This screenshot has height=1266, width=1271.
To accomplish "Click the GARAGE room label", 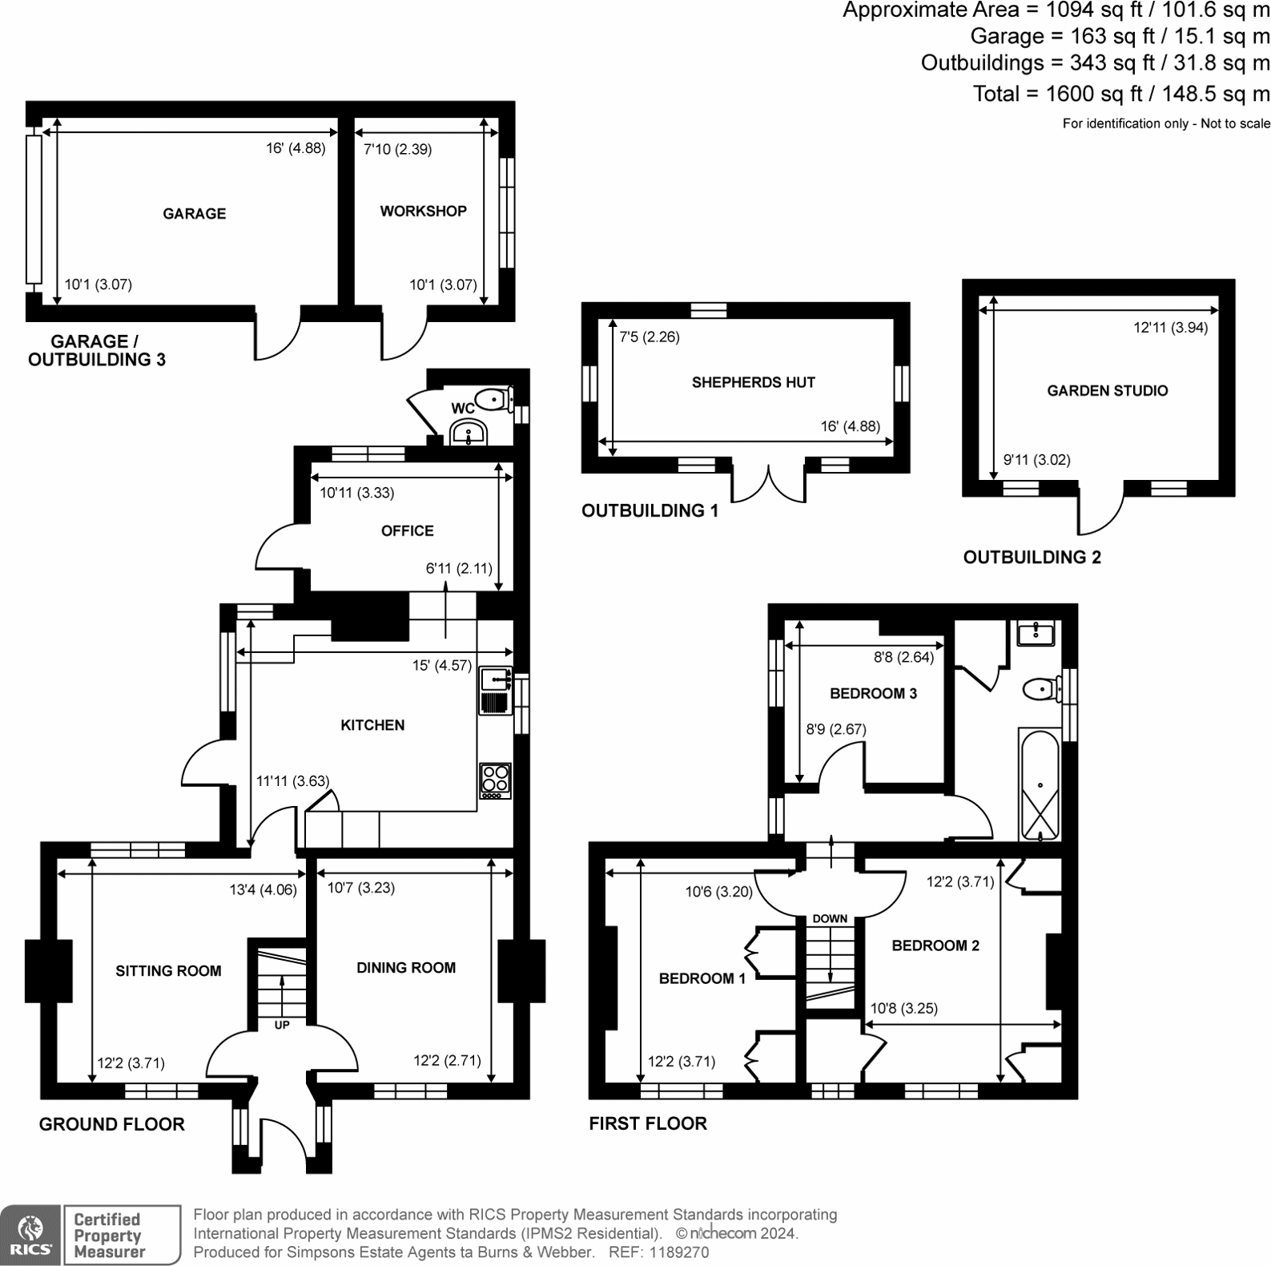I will tap(194, 214).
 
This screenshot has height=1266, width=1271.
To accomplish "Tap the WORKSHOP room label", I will tap(423, 212).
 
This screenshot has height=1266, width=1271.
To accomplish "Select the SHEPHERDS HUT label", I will tap(753, 383).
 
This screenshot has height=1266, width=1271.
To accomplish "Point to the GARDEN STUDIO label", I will tap(1107, 391).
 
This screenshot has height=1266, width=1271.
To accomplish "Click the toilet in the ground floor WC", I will tap(491, 398).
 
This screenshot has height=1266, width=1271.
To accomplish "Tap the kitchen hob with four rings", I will tap(495, 780).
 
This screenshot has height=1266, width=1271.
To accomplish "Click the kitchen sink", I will tap(495, 679).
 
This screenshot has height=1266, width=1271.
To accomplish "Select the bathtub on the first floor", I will tap(1040, 785).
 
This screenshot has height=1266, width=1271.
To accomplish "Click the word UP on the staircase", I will tap(282, 1025).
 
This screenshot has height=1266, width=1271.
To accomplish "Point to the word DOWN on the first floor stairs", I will tap(830, 918).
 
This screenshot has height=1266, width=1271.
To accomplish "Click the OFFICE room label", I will tap(407, 531).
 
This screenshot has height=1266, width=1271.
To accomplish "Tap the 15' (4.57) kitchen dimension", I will tap(442, 665).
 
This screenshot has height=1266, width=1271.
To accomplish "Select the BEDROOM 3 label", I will tap(873, 694).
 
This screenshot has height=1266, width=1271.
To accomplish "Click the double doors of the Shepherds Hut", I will tap(769, 484).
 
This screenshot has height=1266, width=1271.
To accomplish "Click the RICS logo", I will tap(30, 1235).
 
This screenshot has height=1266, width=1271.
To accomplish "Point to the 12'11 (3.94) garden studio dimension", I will tap(1170, 328).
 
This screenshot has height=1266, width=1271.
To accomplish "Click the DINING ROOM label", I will tap(405, 968).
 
